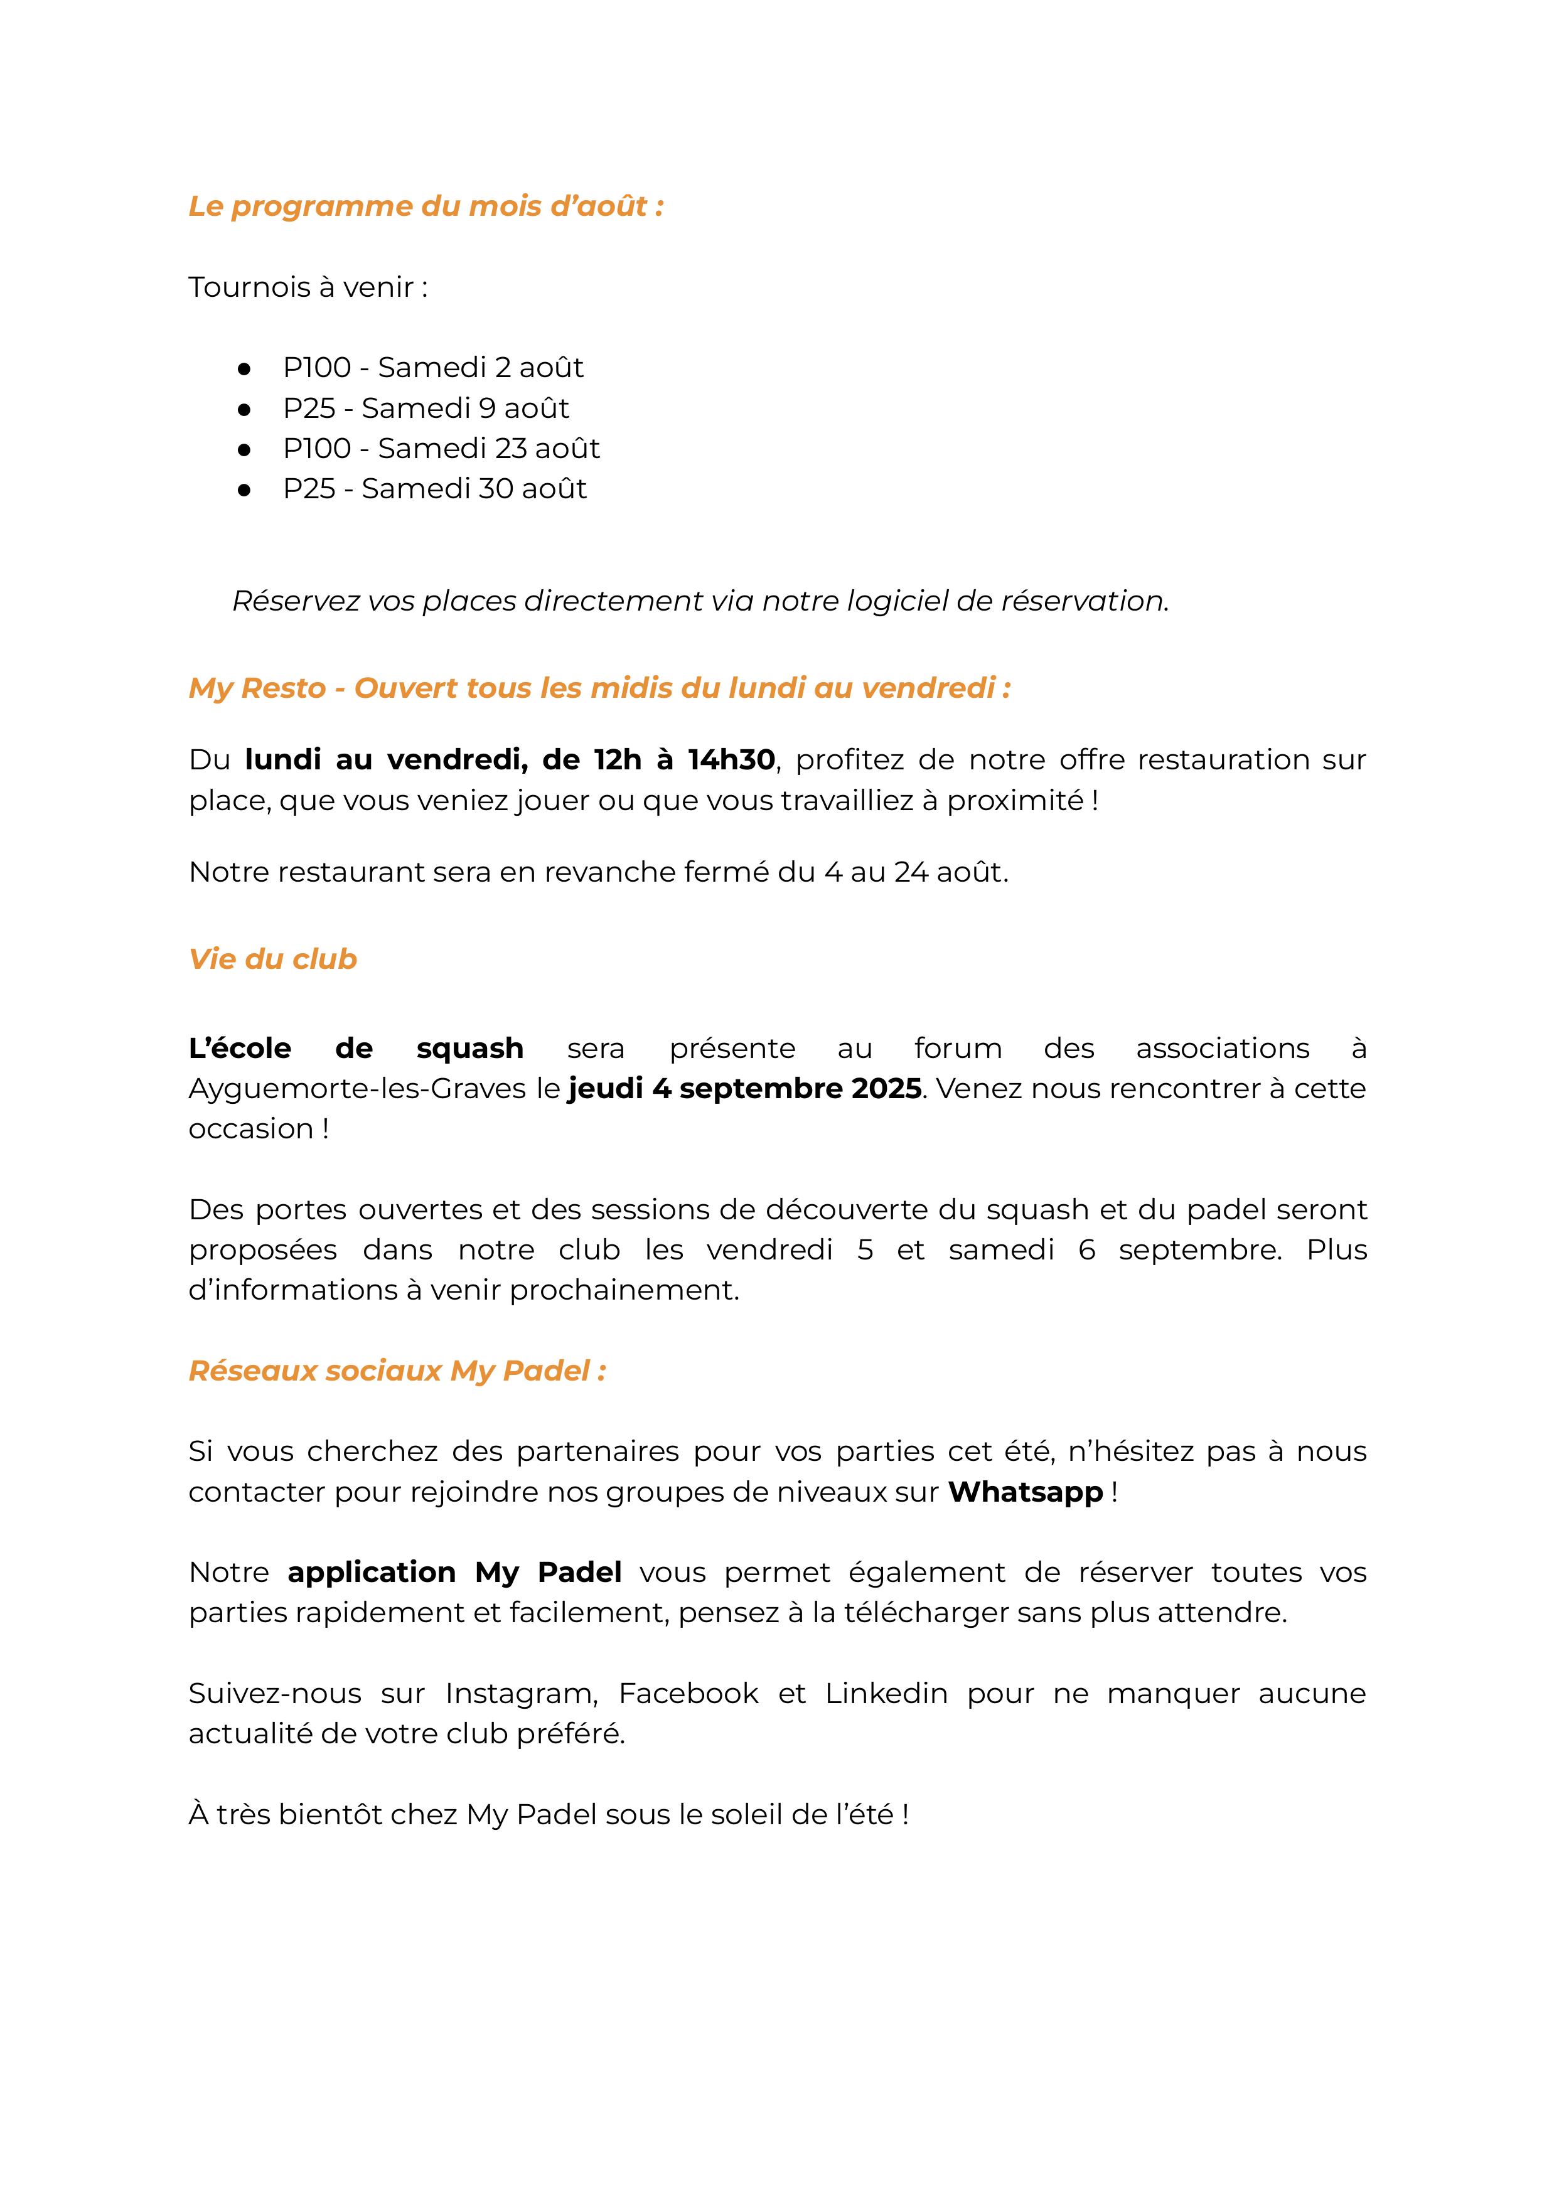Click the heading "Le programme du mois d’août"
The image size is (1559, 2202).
click(426, 206)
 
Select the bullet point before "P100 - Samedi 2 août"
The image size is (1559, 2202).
click(245, 368)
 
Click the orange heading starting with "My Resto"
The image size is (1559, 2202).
click(599, 688)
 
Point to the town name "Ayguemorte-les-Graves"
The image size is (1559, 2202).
click(357, 1089)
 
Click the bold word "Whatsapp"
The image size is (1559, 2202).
click(1026, 1493)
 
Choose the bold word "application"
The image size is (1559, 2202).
click(372, 1573)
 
